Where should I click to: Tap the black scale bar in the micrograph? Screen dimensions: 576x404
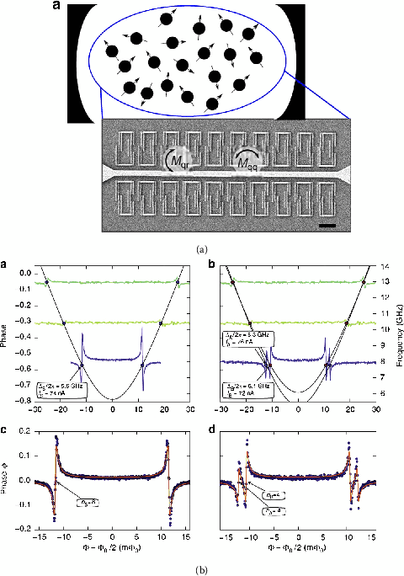click(x=327, y=225)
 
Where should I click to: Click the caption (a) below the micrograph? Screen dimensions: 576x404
click(x=202, y=248)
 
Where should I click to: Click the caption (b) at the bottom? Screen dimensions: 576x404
click(x=202, y=567)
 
